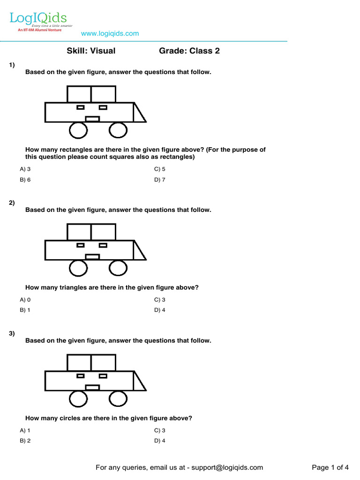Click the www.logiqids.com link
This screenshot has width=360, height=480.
click(110, 33)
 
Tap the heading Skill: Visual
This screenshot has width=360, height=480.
click(91, 51)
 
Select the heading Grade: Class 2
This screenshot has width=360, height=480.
click(189, 51)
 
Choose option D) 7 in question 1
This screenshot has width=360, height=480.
click(160, 180)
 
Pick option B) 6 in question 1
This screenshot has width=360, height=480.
click(25, 180)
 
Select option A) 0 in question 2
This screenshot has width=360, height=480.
click(25, 300)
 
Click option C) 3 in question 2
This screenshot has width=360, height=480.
click(160, 300)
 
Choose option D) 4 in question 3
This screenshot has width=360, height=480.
click(160, 441)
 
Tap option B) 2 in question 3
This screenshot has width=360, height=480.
click(25, 441)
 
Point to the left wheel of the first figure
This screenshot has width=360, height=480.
click(78, 130)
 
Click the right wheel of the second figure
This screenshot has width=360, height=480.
click(118, 268)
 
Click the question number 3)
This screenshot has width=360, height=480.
click(12, 334)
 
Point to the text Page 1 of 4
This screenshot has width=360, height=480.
click(330, 467)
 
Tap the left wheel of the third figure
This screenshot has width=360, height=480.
click(78, 399)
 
